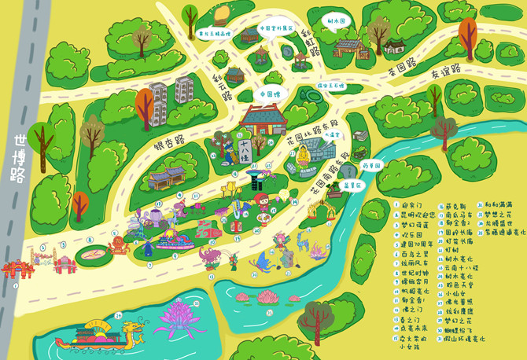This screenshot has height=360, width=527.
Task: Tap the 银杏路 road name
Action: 168,143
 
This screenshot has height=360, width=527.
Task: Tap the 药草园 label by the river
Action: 371,166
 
